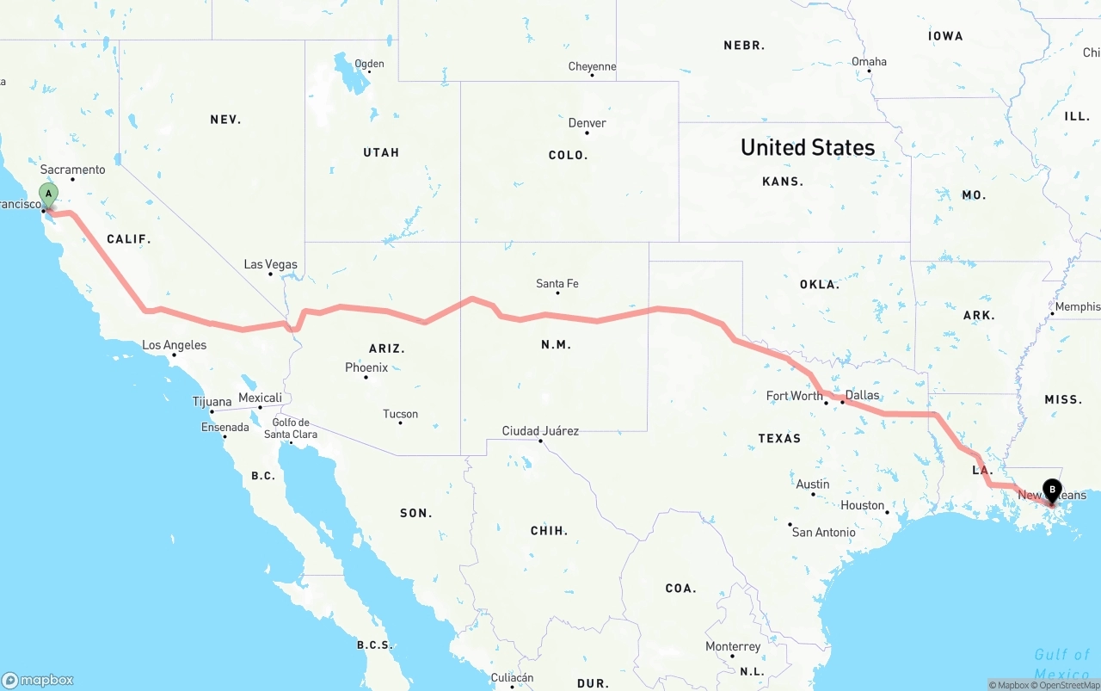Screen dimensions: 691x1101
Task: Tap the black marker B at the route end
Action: (x=1051, y=491)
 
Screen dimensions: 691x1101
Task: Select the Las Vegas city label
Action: (x=270, y=264)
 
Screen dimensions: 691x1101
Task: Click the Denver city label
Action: (x=587, y=123)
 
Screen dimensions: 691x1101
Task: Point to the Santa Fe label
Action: (x=557, y=283)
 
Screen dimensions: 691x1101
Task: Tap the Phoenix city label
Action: (x=366, y=367)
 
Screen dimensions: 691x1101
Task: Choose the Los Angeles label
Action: (x=174, y=345)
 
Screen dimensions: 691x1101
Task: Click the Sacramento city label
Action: (x=72, y=170)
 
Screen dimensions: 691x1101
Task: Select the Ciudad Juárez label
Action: (x=540, y=430)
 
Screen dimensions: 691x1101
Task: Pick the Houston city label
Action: (x=863, y=505)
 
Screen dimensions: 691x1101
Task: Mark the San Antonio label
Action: (x=823, y=532)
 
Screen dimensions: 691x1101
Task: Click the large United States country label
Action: (x=808, y=147)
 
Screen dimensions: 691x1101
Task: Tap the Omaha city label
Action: (x=869, y=61)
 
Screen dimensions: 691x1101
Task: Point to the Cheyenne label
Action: (x=592, y=66)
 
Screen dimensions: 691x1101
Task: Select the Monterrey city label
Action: (x=733, y=646)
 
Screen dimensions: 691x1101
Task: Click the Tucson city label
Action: (x=400, y=414)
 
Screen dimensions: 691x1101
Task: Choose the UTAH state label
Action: (x=381, y=152)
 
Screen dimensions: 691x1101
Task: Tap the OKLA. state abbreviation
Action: (x=819, y=284)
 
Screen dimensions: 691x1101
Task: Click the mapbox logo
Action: (x=38, y=680)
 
